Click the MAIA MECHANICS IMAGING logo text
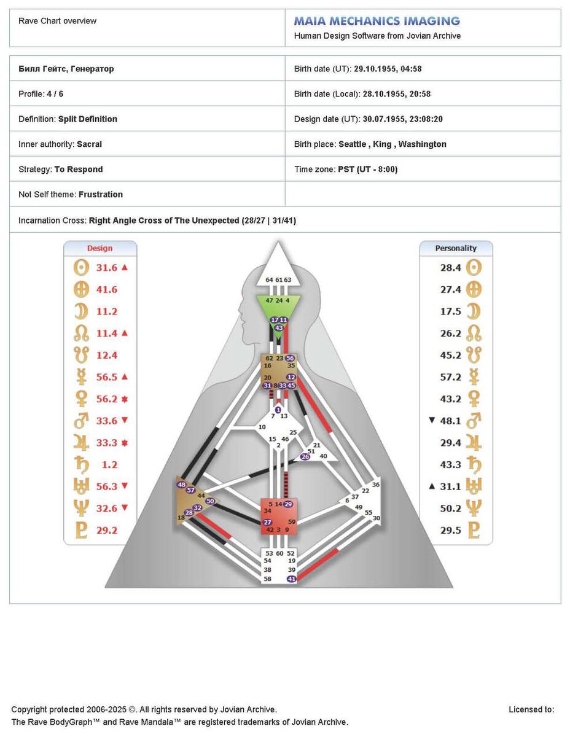coord(377,21)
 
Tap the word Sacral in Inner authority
coord(89,144)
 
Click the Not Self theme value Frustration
coord(101,194)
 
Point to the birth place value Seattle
coord(353,144)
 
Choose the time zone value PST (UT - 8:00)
coord(368,169)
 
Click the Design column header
coord(100,248)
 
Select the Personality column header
coord(456,248)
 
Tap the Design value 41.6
coord(106,289)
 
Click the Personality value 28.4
coord(450,267)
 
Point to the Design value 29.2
coord(106,530)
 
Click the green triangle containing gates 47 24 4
coord(278,305)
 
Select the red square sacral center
coord(279,516)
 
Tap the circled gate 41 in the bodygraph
coord(292,579)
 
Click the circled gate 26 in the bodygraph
coord(305,456)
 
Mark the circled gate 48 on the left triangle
coord(181,485)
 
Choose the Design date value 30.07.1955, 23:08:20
coord(402,119)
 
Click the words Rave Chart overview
coord(57,21)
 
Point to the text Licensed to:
coord(531,709)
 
